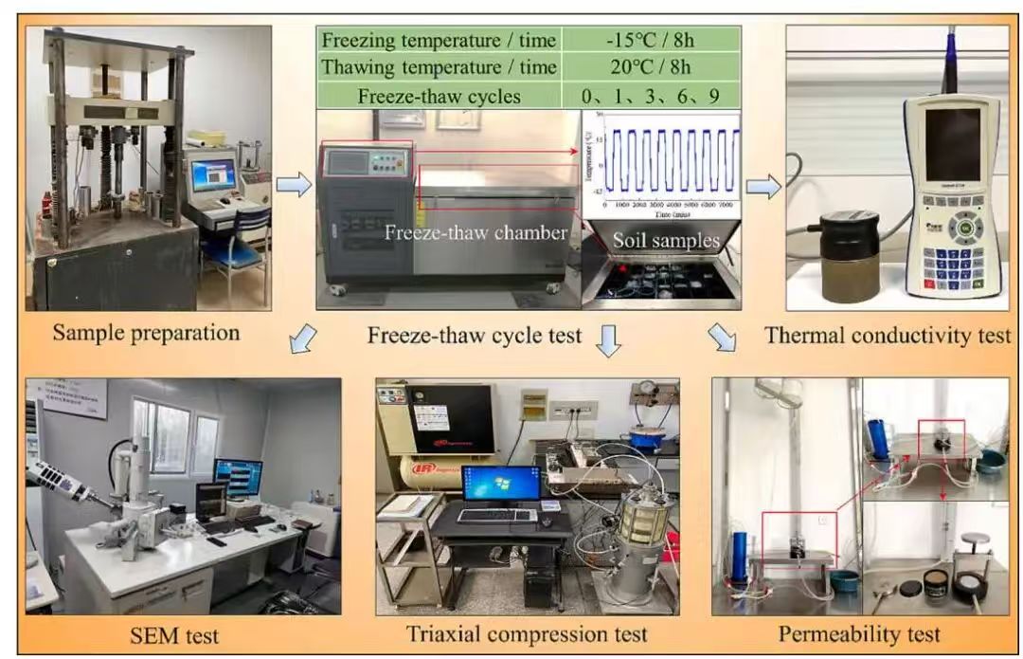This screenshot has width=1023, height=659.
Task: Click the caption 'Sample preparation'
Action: pos(147,333)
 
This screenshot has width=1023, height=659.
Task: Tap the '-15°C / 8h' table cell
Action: pos(652,40)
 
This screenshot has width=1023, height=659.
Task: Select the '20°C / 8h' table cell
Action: pos(652,67)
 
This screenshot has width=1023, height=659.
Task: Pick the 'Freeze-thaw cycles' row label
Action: pos(440,95)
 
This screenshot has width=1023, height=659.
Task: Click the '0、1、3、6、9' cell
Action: pos(652,95)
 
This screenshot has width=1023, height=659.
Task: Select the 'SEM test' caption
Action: pos(180,632)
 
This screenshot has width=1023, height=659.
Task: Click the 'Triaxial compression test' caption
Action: pos(528,632)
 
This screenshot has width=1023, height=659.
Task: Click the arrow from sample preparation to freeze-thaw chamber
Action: pos(294,185)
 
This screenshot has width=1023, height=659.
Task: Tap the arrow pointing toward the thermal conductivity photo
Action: pos(763,186)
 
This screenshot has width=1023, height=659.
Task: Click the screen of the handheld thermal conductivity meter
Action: pos(952,144)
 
